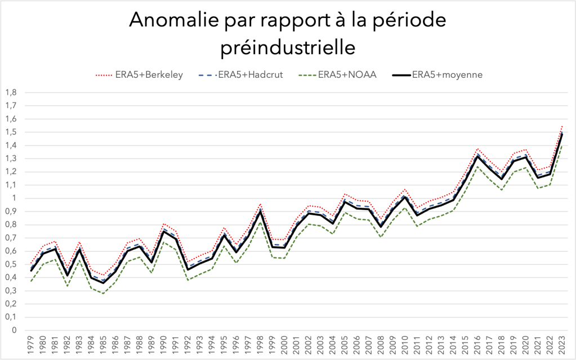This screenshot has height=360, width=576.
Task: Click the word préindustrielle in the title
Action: pos(288,47)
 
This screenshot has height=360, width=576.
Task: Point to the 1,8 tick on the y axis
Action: pos(11,92)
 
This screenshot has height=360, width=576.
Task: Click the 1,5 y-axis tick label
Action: pos(11,132)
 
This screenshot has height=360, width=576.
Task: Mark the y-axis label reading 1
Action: pos(14,198)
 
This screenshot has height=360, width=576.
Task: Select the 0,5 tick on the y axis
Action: pos(11,264)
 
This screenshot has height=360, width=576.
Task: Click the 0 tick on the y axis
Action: pos(14,330)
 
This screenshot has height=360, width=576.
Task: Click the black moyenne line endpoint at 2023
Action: pos(562,134)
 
